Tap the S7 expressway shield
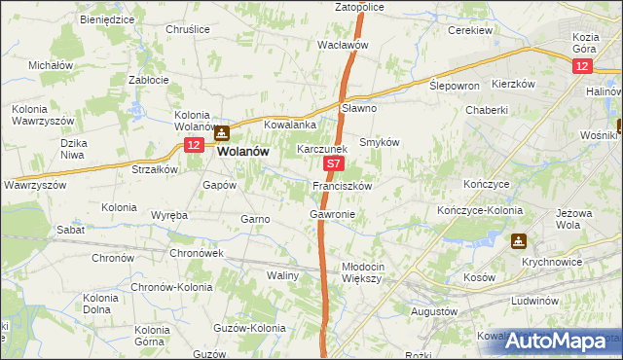click(x=334, y=166)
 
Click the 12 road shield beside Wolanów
click(x=193, y=145)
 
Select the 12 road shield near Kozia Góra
click(x=581, y=65)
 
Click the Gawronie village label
click(x=332, y=213)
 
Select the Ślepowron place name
click(x=455, y=86)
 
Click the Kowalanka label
click(x=291, y=126)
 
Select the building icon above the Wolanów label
click(x=223, y=134)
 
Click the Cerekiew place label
click(x=468, y=30)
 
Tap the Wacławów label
click(x=343, y=45)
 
